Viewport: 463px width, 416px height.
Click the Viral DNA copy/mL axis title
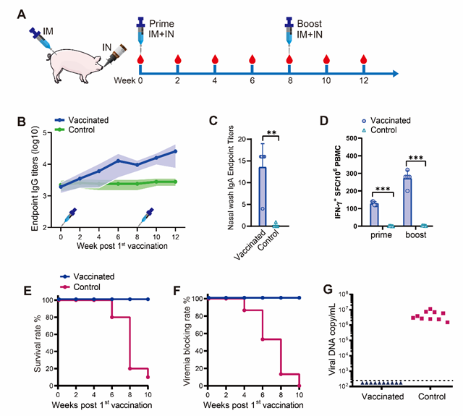pyautogui.click(x=328, y=340)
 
